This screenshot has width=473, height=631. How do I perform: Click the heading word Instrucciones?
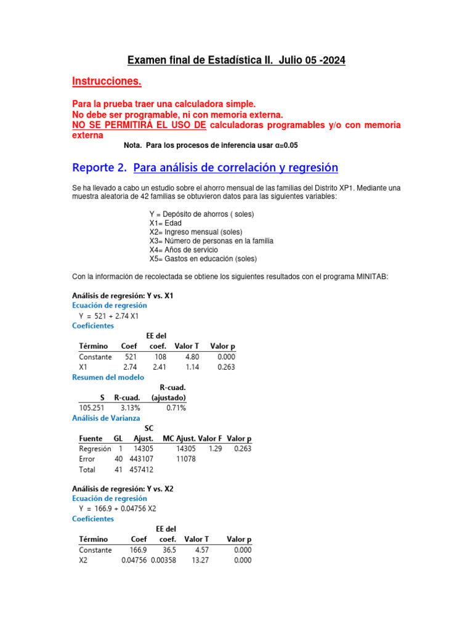click(107, 81)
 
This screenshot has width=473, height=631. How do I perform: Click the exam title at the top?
click(236, 60)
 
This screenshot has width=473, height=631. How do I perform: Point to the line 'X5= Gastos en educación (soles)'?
click(203, 259)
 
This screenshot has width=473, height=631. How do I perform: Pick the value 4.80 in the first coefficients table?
click(185, 357)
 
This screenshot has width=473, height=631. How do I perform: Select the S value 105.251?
click(92, 408)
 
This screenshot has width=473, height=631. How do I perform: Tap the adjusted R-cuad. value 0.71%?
click(176, 408)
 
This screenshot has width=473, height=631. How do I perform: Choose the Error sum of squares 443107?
click(141, 459)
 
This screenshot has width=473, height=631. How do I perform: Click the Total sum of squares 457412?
click(141, 470)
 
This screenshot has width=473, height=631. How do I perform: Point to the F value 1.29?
click(215, 449)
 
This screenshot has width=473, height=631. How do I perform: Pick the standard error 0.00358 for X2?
click(163, 560)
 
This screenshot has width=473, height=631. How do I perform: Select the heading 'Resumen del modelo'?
click(108, 377)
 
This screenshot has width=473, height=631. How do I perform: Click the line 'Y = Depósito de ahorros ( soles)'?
click(201, 214)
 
